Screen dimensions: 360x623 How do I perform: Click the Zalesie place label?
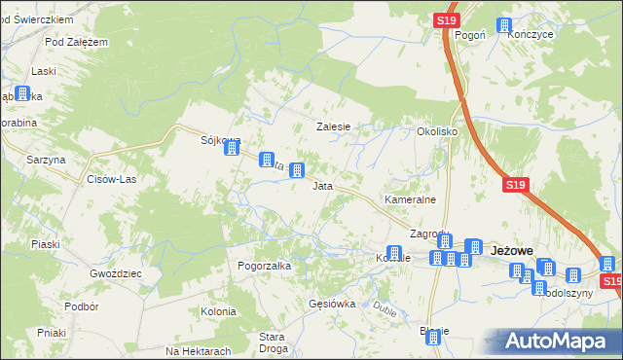point(332,126)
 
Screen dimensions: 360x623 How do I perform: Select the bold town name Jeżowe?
point(513,250)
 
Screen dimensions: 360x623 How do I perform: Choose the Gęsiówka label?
point(331,304)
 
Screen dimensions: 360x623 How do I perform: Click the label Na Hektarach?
point(198,351)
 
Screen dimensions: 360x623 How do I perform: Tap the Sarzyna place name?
point(46,159)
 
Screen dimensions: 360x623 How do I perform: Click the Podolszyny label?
point(567,293)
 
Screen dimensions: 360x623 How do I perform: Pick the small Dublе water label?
point(385,312)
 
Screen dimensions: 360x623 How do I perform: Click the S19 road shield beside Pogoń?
point(447,19)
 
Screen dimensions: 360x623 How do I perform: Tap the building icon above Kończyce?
point(504,26)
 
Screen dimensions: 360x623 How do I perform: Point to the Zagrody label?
point(429,234)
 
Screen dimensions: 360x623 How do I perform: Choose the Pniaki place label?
point(52,332)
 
